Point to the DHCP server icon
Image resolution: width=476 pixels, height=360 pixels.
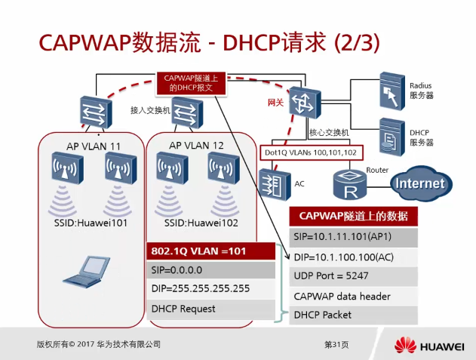pyautogui.click(x=390, y=135)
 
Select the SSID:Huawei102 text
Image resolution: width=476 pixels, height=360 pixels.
pyautogui.click(x=198, y=223)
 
